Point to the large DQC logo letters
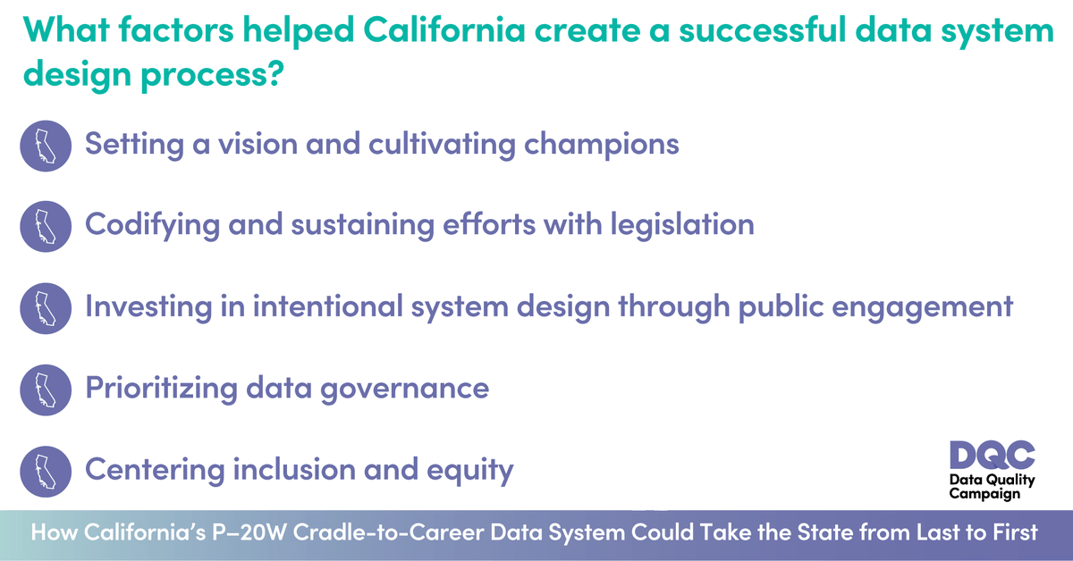pos(992,456)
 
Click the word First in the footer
pos(1010,532)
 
